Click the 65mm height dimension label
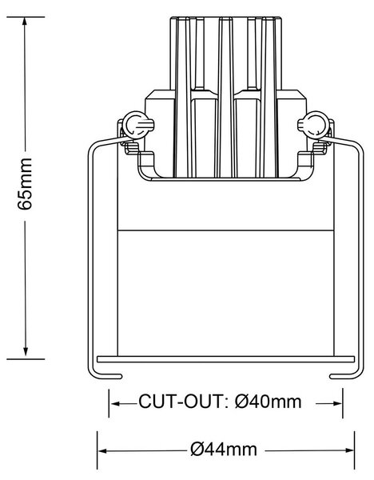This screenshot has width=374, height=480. coord(25,184)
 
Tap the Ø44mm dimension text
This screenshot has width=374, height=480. coord(224,450)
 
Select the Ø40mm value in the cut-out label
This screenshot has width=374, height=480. coord(269,402)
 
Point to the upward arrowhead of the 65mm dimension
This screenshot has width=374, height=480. coord(26,22)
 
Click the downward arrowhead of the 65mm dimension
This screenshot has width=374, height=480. coord(26,351)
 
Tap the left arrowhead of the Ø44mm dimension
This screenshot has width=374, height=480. coord(103,451)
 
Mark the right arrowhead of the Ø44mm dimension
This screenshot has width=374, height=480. coord(349,450)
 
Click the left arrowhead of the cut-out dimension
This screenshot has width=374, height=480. coord(114,404)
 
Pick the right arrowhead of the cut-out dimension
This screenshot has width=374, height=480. coord(337,403)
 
